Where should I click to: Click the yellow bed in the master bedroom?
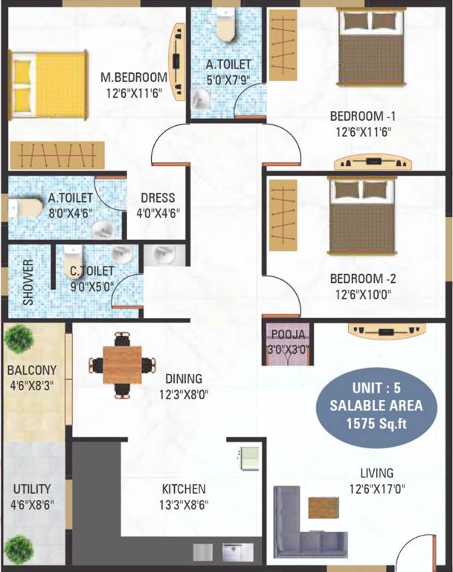[x=48, y=85]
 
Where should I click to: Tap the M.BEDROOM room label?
[x=134, y=77]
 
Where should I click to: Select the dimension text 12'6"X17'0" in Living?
[x=377, y=489]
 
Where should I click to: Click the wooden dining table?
[x=122, y=365]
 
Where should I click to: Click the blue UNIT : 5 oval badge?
[x=376, y=407]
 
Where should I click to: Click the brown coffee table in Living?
[x=324, y=507]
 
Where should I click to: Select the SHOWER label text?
[x=28, y=282]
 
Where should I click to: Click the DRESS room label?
[x=158, y=197]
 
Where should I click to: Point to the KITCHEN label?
[x=184, y=489]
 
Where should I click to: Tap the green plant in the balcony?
[x=19, y=339]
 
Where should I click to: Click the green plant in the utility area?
[x=19, y=550]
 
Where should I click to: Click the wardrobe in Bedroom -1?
[x=283, y=45]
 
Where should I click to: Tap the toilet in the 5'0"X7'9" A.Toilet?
[x=226, y=25]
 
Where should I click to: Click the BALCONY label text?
[x=32, y=370]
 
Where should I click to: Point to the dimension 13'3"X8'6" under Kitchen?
[x=184, y=505]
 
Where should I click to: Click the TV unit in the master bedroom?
[x=177, y=62]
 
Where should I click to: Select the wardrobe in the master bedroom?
[x=57, y=156]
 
